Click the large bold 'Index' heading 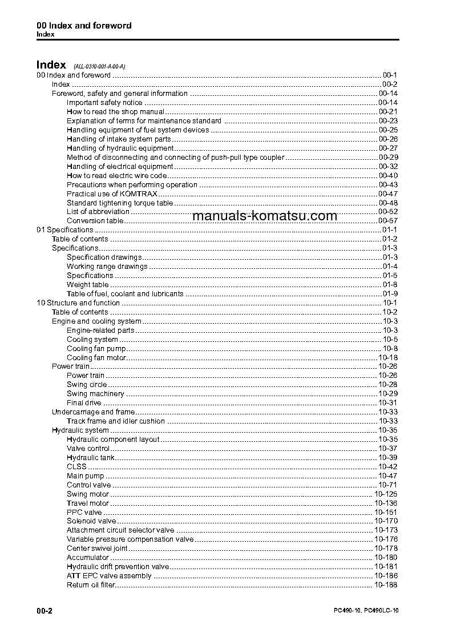[51, 65]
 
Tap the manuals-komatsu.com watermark [265, 216]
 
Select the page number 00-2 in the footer [45, 611]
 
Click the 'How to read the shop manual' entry [115, 112]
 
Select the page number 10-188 [386, 585]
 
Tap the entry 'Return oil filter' [91, 585]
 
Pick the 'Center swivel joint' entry [97, 549]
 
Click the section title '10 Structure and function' [78, 303]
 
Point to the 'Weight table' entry [87, 285]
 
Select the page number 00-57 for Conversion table [388, 221]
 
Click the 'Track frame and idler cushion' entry [116, 421]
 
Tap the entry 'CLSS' [76, 467]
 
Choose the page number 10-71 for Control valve [388, 485]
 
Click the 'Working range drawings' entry [107, 267]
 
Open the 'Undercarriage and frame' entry [94, 412]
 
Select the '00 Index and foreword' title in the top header [84, 26]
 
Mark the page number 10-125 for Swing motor [386, 494]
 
